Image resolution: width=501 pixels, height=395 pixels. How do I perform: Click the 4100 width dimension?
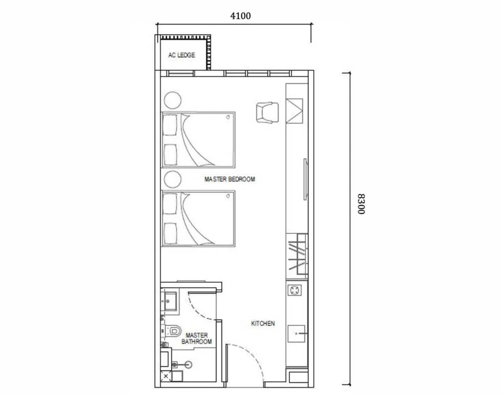click(240, 16)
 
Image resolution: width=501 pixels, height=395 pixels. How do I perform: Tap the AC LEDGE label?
click(181, 55)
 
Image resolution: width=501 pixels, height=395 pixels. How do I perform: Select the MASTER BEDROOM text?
click(230, 179)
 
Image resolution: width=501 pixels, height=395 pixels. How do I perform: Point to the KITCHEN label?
click(263, 324)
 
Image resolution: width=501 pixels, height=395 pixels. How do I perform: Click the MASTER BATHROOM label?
click(196, 339)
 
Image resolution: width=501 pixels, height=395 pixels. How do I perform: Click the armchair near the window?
click(267, 113)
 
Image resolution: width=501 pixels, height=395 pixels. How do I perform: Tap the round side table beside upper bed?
click(173, 100)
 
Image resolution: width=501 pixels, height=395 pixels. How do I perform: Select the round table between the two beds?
click(173, 180)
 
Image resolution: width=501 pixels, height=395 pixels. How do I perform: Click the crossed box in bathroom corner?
click(166, 376)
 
